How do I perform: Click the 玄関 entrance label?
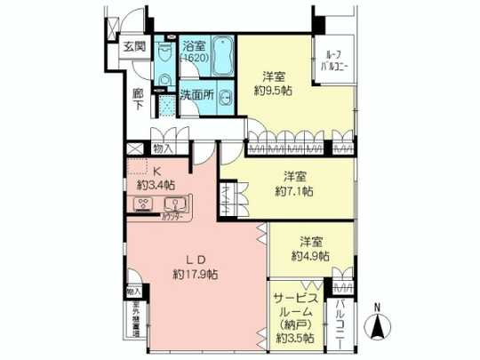click(134, 48)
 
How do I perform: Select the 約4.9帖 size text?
click(310, 255)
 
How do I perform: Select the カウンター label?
click(172, 216)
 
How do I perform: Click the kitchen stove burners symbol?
click(143, 204)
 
